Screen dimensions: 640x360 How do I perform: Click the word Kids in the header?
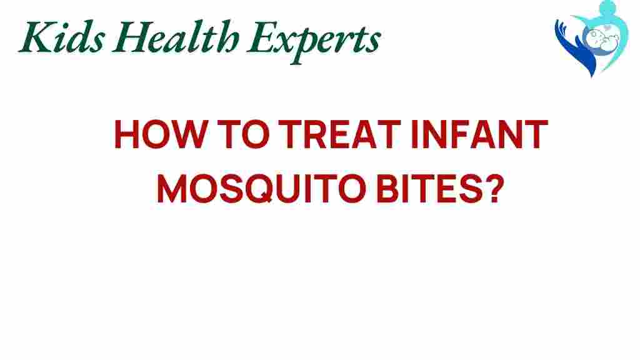coord(62,37)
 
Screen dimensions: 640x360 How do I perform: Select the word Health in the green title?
coord(176,37)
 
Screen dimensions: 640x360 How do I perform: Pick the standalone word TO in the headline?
coord(243,134)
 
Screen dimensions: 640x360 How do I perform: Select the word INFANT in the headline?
coord(480,134)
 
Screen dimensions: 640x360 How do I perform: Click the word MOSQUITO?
coord(262,189)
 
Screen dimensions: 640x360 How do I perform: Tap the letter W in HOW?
coord(188,134)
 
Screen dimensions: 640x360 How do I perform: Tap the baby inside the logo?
coord(601,39)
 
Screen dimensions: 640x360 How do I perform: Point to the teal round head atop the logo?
coord(607,7)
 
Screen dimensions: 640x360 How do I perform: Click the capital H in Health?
coord(130,37)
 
